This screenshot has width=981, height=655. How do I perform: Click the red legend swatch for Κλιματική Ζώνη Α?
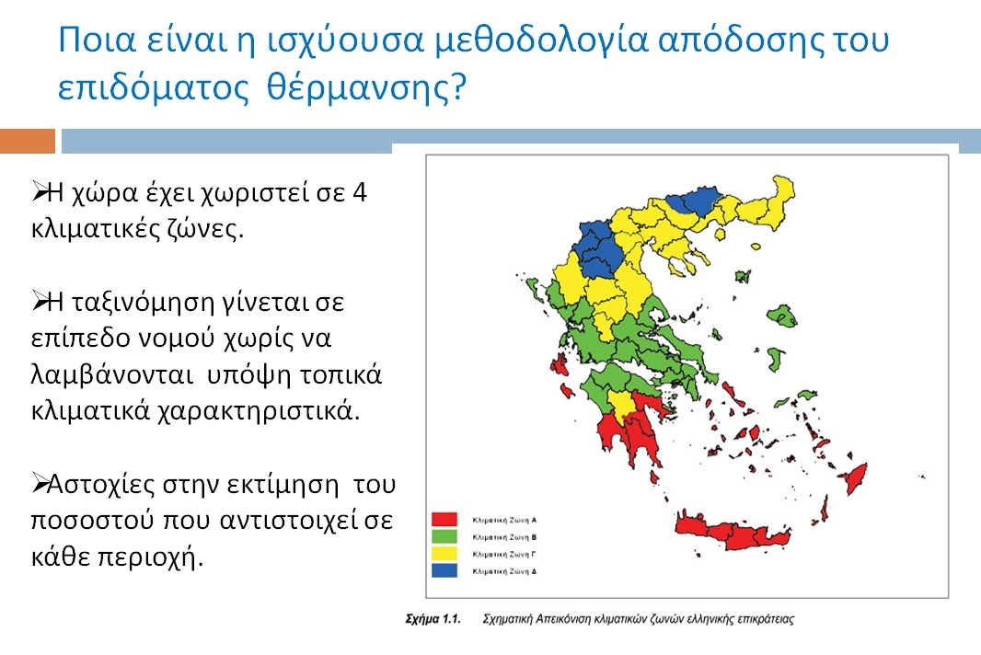[x=445, y=520]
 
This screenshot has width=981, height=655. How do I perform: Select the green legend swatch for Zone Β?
[x=445, y=536]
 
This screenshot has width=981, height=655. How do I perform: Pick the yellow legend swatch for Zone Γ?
[x=445, y=554]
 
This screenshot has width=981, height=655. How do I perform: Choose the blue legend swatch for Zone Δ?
[x=445, y=570]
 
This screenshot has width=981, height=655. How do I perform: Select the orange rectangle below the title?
[x=28, y=141]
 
